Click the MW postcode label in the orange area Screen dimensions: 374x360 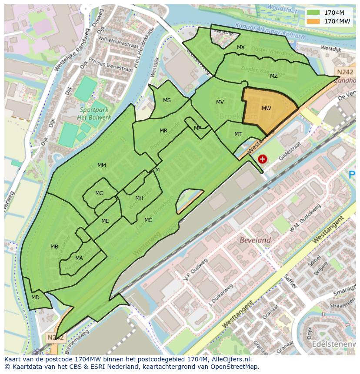click(267, 109)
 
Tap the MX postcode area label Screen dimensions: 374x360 click(241, 47)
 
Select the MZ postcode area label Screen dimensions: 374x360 click(273, 76)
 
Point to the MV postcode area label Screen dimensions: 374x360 click(220, 102)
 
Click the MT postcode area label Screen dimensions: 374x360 click(238, 134)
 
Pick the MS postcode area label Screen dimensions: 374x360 click(167, 100)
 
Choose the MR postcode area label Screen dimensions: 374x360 click(163, 131)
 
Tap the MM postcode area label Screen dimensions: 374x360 click(102, 165)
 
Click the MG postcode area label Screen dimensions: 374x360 click(100, 193)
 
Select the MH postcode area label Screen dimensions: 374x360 click(139, 198)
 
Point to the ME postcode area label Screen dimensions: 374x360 click(105, 221)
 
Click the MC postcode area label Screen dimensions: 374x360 click(148, 220)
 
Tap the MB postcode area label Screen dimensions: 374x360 click(54, 247)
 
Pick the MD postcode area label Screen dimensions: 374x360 click(35, 298)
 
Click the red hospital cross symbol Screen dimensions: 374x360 click(262, 159)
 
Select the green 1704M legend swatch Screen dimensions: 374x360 click(313, 13)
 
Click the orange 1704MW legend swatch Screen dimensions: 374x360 click(313, 21)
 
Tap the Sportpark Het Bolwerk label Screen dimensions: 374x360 click(94, 114)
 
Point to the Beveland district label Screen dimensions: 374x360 click(255, 240)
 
